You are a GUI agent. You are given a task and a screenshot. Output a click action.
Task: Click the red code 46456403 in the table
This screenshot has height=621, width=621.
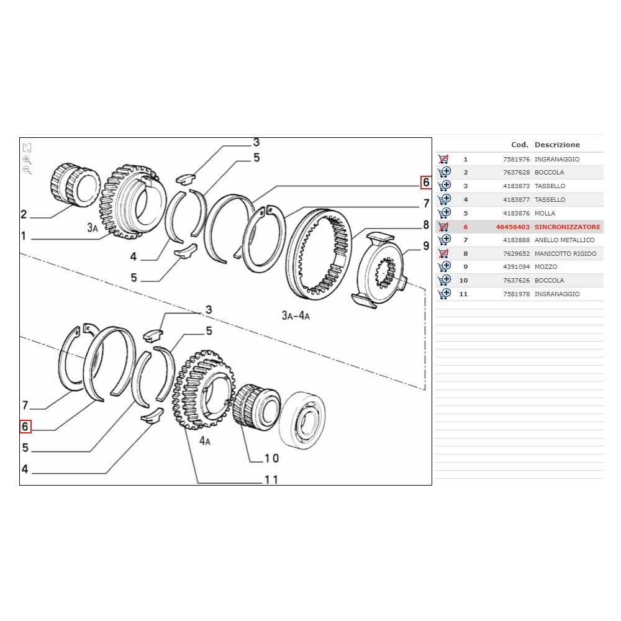coord(512,227)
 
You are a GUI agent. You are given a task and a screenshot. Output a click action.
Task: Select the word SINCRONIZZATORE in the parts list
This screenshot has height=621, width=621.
coord(567,227)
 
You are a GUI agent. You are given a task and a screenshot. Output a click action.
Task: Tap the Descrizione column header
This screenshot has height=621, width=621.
coord(557,145)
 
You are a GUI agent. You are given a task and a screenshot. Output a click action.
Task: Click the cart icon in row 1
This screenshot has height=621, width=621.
coord(443,159)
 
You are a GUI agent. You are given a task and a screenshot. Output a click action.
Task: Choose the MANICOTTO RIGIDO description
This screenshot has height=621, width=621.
coord(565,253)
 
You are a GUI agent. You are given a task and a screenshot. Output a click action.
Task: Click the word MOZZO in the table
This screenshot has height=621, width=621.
coord(546,267)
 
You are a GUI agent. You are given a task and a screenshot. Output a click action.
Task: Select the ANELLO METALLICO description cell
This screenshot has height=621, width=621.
coord(564,240)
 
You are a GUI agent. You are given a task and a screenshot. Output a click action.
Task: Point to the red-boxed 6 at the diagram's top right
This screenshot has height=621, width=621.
coord(425,183)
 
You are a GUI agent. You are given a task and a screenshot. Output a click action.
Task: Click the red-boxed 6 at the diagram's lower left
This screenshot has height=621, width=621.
coord(25,427)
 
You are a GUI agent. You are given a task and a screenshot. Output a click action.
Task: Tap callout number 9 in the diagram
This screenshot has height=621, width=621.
coord(425,246)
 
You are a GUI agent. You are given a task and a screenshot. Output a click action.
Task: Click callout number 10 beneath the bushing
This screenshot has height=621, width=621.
coord(271,458)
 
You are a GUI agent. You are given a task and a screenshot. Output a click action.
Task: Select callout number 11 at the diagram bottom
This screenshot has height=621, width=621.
coord(271,479)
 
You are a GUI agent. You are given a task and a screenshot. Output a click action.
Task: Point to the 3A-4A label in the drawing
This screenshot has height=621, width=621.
coord(296,315)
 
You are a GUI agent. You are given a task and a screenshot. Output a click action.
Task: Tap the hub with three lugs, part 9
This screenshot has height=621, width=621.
coord(380,269)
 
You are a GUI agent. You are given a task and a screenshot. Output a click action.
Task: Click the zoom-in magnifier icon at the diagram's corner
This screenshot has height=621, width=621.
coord(27,160)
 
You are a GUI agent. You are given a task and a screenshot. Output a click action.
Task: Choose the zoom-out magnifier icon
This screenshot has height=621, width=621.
coord(27,170)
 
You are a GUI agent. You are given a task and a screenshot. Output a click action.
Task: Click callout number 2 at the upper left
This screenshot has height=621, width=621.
coord(24,215)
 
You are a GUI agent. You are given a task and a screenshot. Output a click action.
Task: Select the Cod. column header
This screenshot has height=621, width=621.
coord(519,145)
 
